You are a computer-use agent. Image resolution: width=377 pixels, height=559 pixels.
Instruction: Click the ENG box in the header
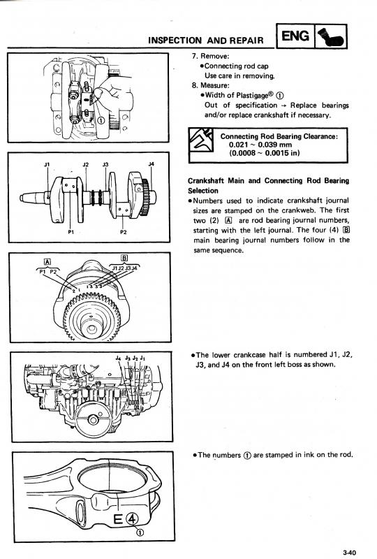pyautogui.click(x=295, y=36)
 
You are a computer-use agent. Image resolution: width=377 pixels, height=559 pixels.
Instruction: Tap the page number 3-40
pyautogui.click(x=350, y=552)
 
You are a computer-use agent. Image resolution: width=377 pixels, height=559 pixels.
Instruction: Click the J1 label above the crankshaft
pyautogui.click(x=47, y=164)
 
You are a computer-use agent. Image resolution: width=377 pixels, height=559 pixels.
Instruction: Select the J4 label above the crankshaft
pyautogui.click(x=151, y=164)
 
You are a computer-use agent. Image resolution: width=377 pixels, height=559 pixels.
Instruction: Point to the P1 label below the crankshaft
pyautogui.click(x=71, y=232)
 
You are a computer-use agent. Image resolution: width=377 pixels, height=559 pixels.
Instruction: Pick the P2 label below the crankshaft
pyautogui.click(x=123, y=232)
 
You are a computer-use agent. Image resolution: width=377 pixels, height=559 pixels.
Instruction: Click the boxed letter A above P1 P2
pyautogui.click(x=47, y=262)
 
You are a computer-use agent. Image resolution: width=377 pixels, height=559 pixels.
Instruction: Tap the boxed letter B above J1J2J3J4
pyautogui.click(x=124, y=258)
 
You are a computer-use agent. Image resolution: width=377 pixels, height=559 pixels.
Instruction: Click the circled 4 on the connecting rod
pyautogui.click(x=131, y=519)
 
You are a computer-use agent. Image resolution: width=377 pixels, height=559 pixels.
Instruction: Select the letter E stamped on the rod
pyautogui.click(x=118, y=520)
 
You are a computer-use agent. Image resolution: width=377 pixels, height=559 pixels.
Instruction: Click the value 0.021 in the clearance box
pyautogui.click(x=238, y=145)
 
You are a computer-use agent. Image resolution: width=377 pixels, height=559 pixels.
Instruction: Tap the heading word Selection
pyautogui.click(x=202, y=191)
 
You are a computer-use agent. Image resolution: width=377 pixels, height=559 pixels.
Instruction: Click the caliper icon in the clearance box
pyautogui.click(x=201, y=140)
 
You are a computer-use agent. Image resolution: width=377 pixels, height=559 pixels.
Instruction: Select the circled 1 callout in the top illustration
pyautogui.click(x=101, y=120)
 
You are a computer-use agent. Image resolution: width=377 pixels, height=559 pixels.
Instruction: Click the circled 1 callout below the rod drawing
pyautogui.click(x=140, y=532)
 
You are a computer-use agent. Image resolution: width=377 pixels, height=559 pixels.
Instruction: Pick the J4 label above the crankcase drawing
pyautogui.click(x=118, y=358)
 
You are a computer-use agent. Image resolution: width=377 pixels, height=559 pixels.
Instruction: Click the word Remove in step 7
pyautogui.click(x=215, y=57)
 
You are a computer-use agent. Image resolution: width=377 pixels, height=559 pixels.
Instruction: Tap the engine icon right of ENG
pyautogui.click(x=331, y=36)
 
